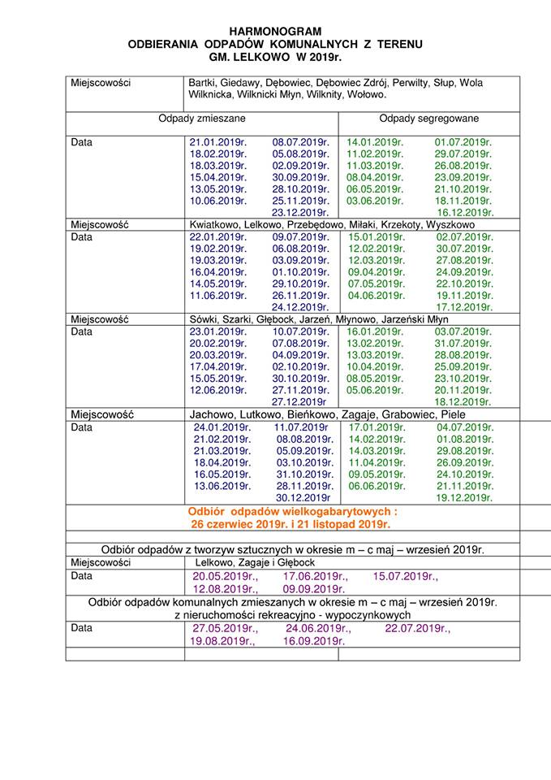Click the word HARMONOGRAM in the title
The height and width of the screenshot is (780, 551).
[276, 29]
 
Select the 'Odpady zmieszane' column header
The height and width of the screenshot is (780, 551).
[201, 118]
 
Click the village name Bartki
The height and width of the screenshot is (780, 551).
[201, 83]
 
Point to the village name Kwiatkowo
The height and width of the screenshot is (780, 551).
[216, 223]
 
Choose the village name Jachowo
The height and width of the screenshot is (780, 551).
[211, 414]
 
